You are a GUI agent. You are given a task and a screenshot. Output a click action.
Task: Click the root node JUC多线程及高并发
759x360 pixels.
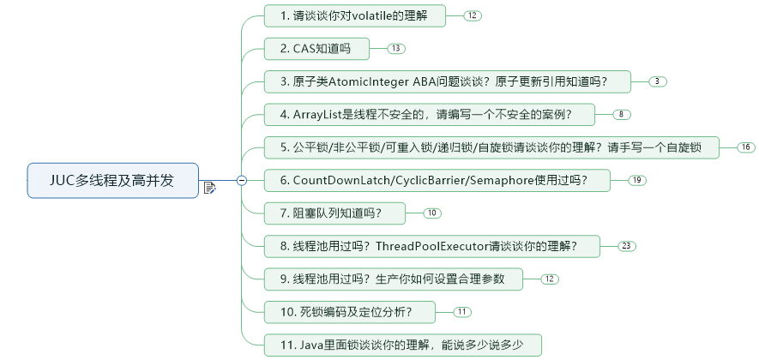pos(112,180)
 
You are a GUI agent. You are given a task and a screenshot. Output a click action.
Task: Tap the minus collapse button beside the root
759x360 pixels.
pos(241,180)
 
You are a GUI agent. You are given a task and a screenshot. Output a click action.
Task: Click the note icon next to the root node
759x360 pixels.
pos(209,186)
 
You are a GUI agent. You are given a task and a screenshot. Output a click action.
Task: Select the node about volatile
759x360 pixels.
pos(358,16)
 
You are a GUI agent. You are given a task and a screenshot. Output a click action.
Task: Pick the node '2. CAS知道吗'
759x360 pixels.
pos(316,49)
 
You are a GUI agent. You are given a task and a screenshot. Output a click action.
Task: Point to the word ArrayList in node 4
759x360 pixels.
pos(319,114)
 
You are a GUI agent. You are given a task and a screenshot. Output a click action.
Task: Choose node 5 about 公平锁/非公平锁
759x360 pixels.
pos(491,147)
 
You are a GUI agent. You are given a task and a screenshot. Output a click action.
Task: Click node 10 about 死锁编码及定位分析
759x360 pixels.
pos(352,311)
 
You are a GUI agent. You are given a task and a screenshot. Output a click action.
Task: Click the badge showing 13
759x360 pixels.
pos(395,49)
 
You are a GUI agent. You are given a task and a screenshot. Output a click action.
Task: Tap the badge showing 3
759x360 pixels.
pos(658,81)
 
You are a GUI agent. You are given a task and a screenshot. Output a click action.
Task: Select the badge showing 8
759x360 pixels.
pos(623,114)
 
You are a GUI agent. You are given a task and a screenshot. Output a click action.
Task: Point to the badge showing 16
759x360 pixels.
pos(746,147)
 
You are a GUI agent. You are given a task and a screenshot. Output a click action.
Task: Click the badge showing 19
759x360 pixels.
pos(636,180)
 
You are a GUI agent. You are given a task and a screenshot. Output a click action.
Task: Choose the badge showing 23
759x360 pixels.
pos(627,246)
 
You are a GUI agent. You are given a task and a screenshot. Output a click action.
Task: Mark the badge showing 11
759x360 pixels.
pos(462,311)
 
